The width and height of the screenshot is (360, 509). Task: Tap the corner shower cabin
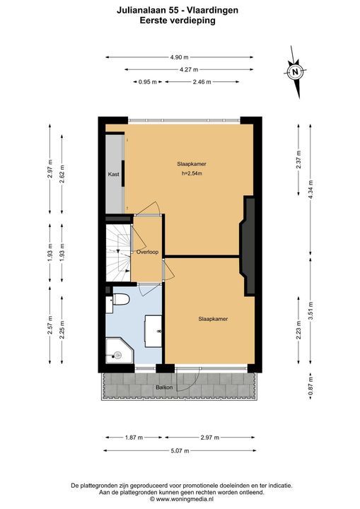coord(120,351)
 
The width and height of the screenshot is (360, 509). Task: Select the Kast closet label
coord(114,174)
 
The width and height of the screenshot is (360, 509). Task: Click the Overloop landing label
coord(147,252)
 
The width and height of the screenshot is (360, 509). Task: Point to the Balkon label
coord(164,387)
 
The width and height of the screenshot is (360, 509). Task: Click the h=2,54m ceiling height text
coord(192,173)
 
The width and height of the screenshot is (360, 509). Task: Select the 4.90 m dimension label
coord(180,57)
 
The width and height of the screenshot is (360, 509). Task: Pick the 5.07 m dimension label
coord(180,450)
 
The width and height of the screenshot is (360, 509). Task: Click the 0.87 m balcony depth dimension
coord(310,386)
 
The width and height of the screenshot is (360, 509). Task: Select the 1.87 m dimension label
coord(134,438)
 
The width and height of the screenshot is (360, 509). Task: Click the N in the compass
coord(295,71)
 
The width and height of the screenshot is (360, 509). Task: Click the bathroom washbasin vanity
coord(153,331)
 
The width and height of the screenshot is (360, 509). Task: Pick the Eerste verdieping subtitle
coord(178,21)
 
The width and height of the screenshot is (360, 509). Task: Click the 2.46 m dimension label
coord(202,82)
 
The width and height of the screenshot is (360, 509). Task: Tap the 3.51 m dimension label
coord(310,311)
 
